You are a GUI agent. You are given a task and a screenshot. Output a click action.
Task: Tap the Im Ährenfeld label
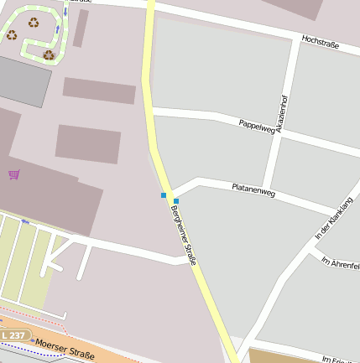pyautogui.click(x=340, y=262)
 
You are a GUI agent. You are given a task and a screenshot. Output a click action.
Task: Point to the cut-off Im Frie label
pyautogui.click(x=339, y=359)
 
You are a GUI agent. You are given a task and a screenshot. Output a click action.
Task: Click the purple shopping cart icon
pyautogui.click(x=13, y=174)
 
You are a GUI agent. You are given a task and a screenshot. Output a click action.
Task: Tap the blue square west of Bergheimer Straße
pyautogui.click(x=164, y=195)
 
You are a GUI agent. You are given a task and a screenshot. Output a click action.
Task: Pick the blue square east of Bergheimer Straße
pyautogui.click(x=176, y=201)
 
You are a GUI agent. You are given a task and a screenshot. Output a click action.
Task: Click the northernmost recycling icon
pyautogui.click(x=34, y=23)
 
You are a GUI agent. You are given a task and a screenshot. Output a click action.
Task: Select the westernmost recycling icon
pyautogui.click(x=12, y=34)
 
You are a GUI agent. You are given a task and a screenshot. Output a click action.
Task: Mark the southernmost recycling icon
pyautogui.click(x=49, y=55)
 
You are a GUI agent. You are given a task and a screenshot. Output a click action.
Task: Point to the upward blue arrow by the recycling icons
pyautogui.click(x=56, y=31)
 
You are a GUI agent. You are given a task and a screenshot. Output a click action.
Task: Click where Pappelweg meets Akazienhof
pyautogui.click(x=278, y=134)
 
